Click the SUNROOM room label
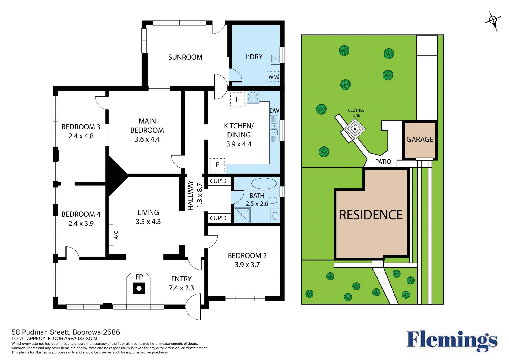coord(185,57)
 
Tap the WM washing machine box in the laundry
coord(273,76)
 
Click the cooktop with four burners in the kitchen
coord(253,97)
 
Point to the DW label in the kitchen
coord(274,111)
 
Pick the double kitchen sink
coord(274,129)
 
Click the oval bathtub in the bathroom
coord(264,184)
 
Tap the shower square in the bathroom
coord(242,215)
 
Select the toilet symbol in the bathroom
coord(273,200)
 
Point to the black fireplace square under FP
coord(139,289)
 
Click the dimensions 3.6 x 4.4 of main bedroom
coord(147,139)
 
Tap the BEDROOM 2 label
coord(247,255)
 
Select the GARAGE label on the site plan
coord(420,139)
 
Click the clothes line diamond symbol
coord(355,129)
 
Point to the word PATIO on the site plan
coord(383,162)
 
